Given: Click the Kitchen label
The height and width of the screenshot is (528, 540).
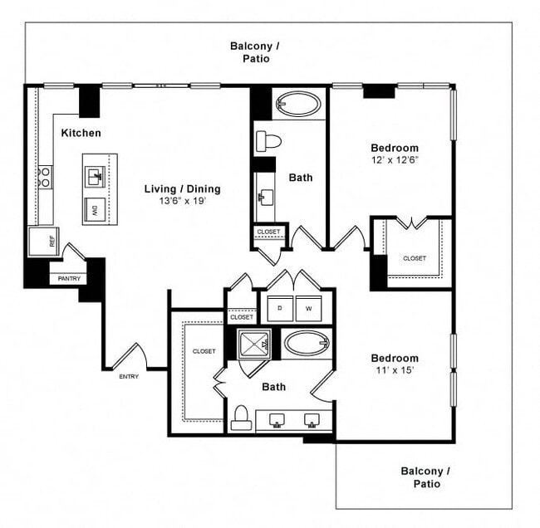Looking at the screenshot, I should (x=81, y=133).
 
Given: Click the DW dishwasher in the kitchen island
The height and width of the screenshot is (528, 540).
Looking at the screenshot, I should (x=95, y=208).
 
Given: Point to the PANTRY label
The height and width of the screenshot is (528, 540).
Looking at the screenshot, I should (x=70, y=278).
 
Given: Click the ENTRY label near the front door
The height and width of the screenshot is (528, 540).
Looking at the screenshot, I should (x=129, y=376).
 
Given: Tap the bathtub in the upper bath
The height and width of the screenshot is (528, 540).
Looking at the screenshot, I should (x=297, y=105).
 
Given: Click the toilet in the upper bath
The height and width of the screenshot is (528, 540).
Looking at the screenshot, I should (x=268, y=139).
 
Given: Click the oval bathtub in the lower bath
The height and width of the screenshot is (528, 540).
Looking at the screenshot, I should (x=307, y=342).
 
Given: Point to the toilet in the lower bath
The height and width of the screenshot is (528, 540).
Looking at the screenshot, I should (x=242, y=417).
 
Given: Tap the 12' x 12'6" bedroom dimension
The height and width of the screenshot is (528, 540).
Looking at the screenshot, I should (x=395, y=160).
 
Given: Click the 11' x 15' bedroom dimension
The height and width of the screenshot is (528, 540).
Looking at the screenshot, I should (x=395, y=371).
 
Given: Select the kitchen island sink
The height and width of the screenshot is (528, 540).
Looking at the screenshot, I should (x=94, y=176).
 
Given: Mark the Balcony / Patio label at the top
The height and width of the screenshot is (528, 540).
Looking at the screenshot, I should (x=255, y=52).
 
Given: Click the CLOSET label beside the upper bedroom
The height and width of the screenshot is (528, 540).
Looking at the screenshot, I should (x=415, y=258).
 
